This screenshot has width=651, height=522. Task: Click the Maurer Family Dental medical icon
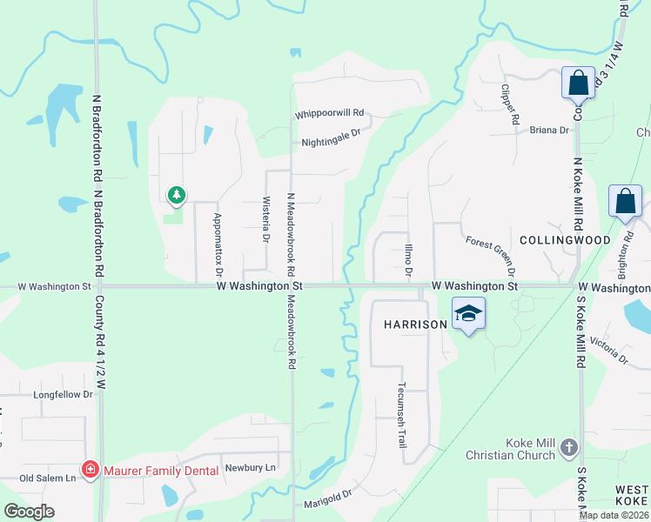(90, 471)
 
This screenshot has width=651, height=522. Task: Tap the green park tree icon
(177, 195)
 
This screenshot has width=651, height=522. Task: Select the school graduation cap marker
(468, 313)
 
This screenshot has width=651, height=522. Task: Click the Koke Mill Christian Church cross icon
(569, 447)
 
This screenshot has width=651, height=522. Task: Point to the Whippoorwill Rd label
(329, 114)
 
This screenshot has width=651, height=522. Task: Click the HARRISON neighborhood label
(415, 324)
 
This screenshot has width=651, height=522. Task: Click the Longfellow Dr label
(63, 394)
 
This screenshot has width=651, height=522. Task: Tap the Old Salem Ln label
(49, 478)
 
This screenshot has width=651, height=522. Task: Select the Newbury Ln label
(250, 467)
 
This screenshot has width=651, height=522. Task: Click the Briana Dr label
(548, 130)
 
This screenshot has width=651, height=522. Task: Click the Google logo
(30, 512)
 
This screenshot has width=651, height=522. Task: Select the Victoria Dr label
(609, 349)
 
